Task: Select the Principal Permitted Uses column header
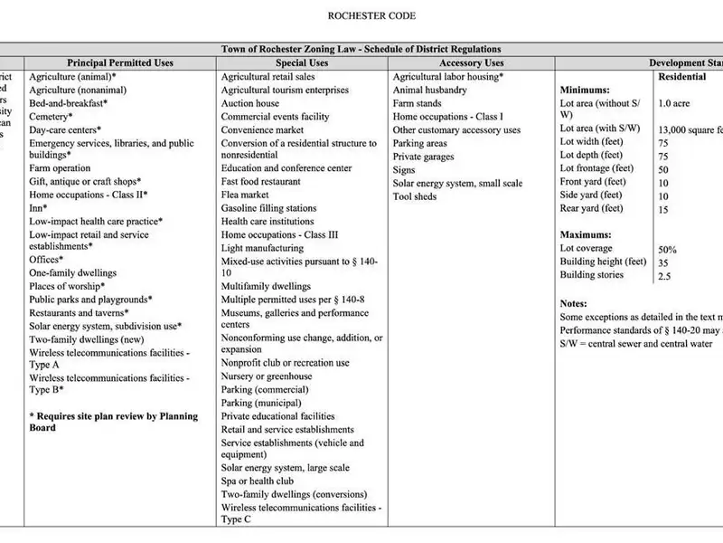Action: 114,63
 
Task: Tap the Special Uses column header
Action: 302,63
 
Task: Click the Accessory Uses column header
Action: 471,63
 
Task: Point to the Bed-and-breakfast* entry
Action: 68,103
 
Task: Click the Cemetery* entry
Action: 51,117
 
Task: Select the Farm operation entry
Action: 60,168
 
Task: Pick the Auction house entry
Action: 250,103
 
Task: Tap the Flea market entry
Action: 245,195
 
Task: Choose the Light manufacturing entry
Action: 262,247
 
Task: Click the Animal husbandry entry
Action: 430,90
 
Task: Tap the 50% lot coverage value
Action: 668,250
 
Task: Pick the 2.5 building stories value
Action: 666,275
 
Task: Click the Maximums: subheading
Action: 587,234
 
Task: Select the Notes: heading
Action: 574,303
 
